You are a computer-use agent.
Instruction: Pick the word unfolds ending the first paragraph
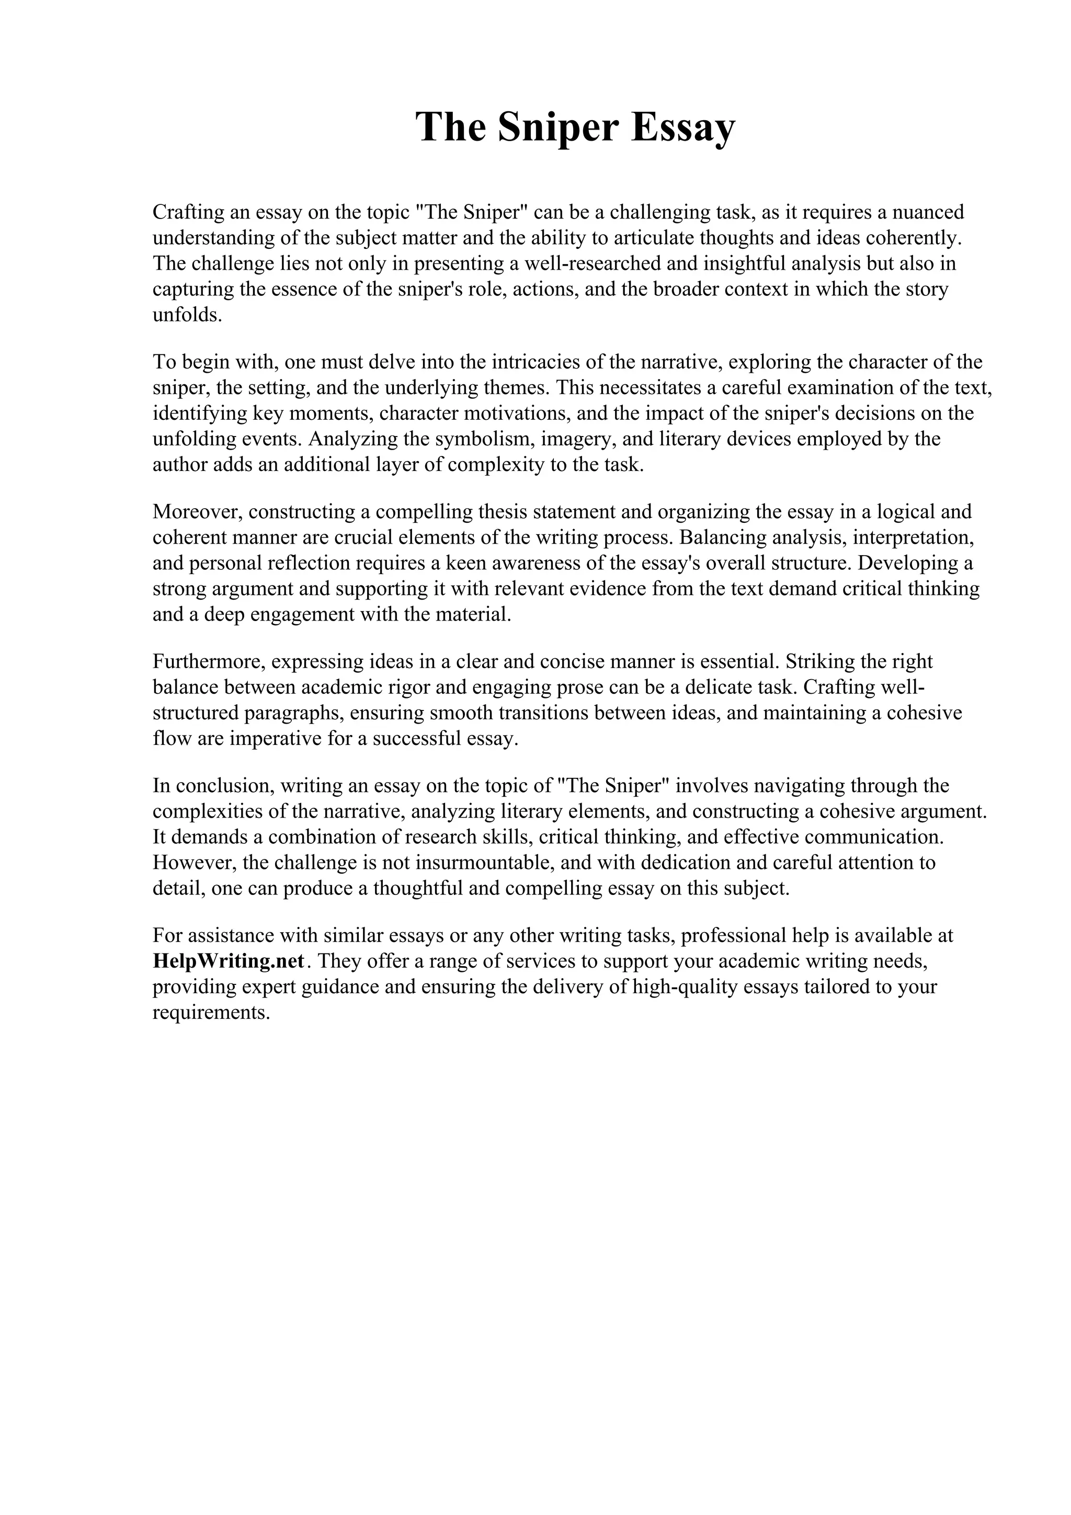pyautogui.click(x=187, y=315)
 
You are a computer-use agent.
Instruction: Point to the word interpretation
pyautogui.click(x=913, y=537)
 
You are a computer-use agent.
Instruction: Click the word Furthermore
pyautogui.click(x=208, y=661)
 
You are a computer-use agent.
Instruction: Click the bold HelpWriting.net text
pyautogui.click(x=229, y=961)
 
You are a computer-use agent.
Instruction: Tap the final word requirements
pyautogui.click(x=212, y=1012)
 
